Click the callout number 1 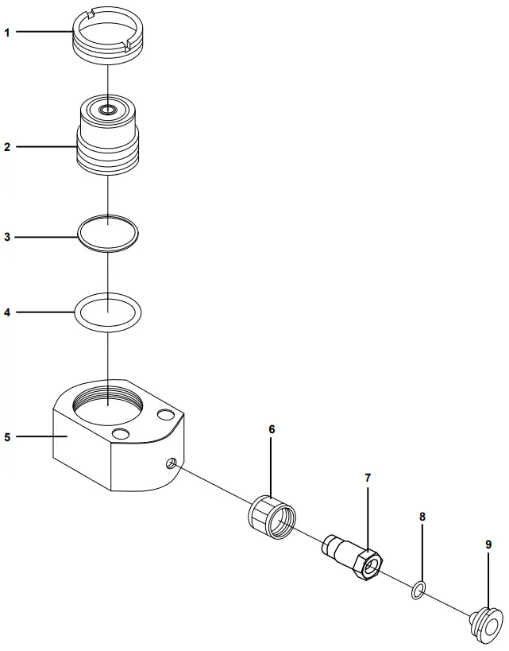point(7,33)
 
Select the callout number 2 point(7,147)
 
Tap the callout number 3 point(7,237)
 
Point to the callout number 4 point(7,312)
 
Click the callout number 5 point(7,436)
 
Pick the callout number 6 point(272,429)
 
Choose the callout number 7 point(368,478)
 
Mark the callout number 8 point(422,517)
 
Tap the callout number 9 point(488,544)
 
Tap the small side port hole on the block point(172,463)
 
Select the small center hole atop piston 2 point(107,107)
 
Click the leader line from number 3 point(47,237)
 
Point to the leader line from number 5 point(40,436)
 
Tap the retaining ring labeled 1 point(107,35)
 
